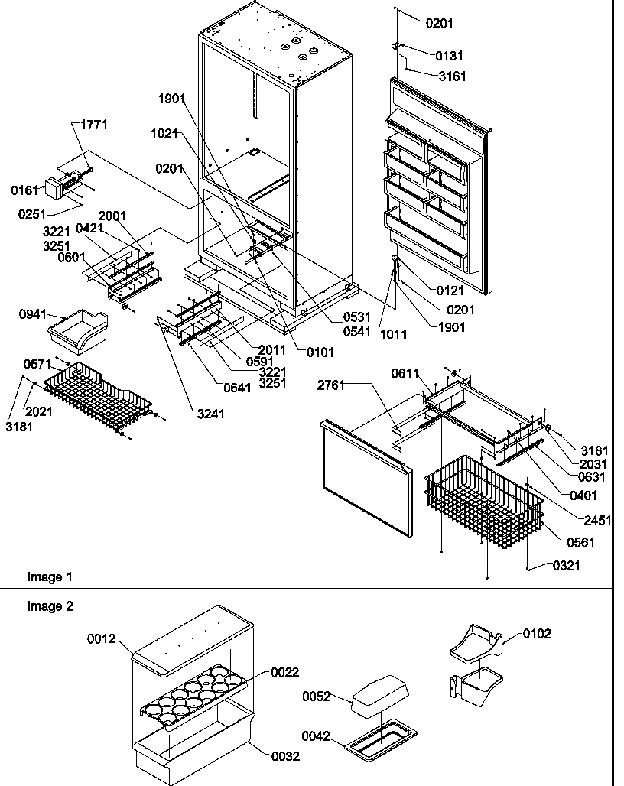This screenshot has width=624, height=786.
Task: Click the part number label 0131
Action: point(450,56)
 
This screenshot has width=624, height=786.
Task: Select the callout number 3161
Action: point(452,76)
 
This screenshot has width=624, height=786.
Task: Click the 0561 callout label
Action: point(581,543)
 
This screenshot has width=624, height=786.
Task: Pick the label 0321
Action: point(567,566)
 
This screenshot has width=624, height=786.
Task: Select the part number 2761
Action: point(332,386)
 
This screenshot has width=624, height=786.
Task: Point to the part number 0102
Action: point(537,634)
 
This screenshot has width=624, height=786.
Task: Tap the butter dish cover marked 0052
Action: point(379,697)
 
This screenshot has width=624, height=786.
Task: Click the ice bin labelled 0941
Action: point(80,328)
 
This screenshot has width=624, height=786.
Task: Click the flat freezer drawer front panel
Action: point(365,474)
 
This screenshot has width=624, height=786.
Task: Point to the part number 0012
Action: point(100,639)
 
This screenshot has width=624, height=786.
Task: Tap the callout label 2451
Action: point(597,521)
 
